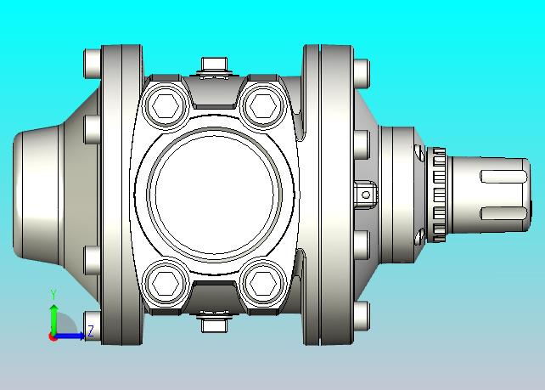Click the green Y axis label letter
coord(53,294)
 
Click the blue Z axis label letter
coord(91,331)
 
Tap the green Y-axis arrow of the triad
coord(53,319)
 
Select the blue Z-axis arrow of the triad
coord(70,336)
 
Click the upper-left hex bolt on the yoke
coord(166,105)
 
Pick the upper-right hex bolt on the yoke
coord(263,105)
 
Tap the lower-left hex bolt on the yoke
coord(166,283)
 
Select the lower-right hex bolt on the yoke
coord(263,283)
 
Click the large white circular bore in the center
coord(215,195)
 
